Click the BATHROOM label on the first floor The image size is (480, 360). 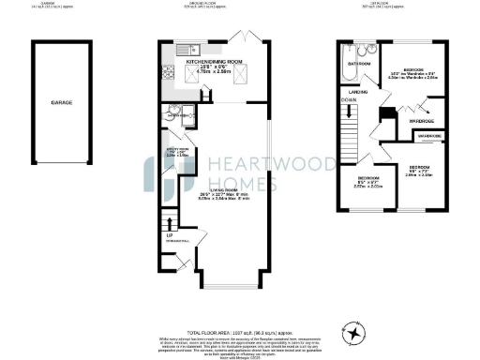click(360, 63)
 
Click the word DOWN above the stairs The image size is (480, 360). click(348, 98)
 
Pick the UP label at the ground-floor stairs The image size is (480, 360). click(156, 233)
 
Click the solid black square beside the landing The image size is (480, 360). click(383, 114)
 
